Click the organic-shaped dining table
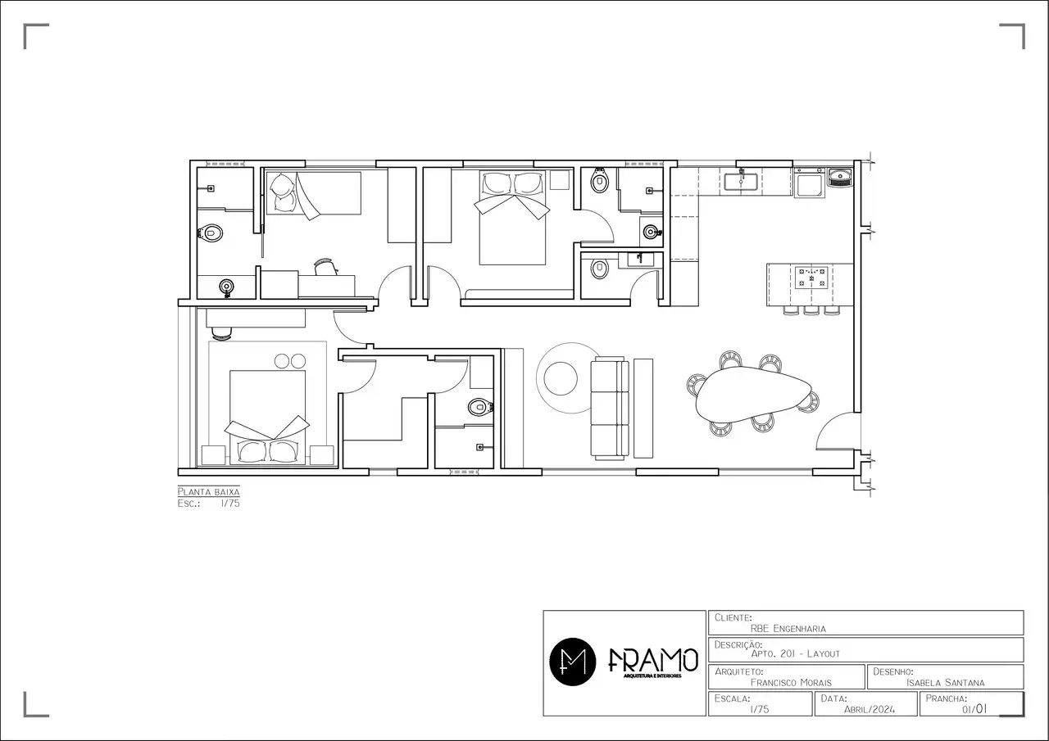tap(752, 393)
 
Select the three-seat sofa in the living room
tap(609, 408)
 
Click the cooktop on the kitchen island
tap(811, 277)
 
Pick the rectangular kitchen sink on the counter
tap(741, 182)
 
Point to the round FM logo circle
tap(572, 662)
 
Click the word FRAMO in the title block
tap(653, 660)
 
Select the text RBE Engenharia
tap(788, 628)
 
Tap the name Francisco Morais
tap(791, 683)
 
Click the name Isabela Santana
tap(945, 683)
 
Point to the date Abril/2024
tap(870, 709)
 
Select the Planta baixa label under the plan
tap(208, 491)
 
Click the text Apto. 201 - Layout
tap(795, 653)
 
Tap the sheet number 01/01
tap(974, 709)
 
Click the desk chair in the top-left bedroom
tap(325, 267)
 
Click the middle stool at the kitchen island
tap(811, 310)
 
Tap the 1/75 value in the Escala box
tap(759, 709)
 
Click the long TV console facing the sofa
tap(643, 409)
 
